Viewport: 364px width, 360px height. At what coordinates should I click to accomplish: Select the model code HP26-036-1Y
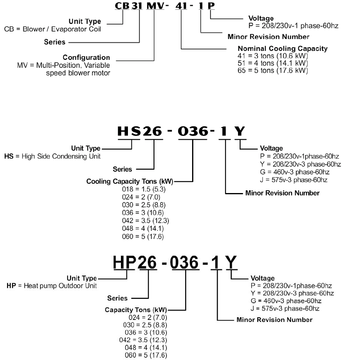click(x=175, y=263)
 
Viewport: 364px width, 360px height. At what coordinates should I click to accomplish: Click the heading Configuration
click(x=86, y=58)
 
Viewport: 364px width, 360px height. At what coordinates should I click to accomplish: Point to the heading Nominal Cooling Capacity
click(x=282, y=49)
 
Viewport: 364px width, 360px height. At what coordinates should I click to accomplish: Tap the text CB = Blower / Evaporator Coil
click(x=52, y=29)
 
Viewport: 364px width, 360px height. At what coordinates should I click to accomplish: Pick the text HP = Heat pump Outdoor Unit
click(x=52, y=286)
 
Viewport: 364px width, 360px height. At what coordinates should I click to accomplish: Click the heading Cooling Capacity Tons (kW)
click(x=130, y=181)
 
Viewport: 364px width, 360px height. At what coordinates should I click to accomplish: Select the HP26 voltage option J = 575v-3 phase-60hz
click(x=285, y=309)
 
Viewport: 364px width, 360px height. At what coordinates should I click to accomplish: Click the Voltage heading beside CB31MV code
click(x=261, y=18)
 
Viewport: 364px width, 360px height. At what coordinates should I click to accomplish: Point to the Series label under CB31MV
click(x=55, y=42)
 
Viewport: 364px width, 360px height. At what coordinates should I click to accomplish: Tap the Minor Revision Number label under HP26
click(x=274, y=320)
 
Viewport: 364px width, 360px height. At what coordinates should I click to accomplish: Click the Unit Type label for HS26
click(x=86, y=148)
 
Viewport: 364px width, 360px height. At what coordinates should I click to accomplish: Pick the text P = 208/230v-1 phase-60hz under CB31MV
click(x=293, y=26)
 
